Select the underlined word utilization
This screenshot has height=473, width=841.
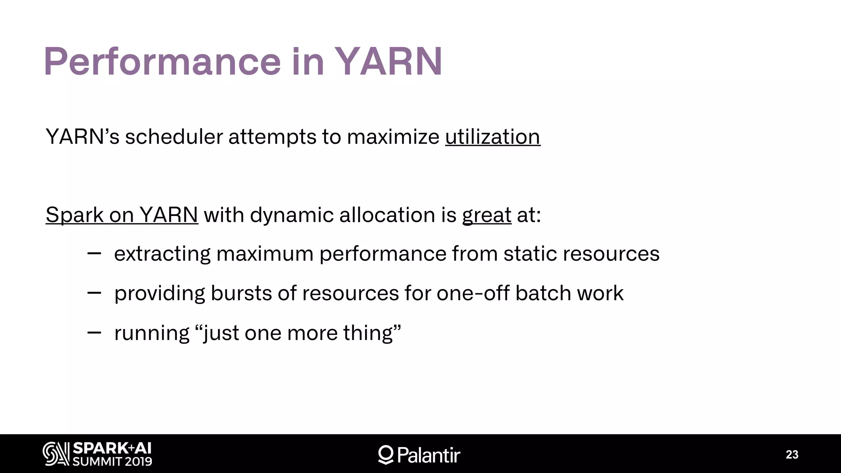(x=492, y=137)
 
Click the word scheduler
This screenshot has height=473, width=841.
(x=174, y=137)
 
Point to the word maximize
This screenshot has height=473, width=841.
(x=393, y=137)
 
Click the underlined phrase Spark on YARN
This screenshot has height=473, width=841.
(x=122, y=215)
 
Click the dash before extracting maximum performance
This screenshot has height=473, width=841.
(x=94, y=254)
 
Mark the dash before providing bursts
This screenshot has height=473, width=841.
(x=94, y=293)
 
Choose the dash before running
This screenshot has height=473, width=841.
(x=94, y=333)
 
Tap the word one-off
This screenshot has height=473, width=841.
(x=473, y=293)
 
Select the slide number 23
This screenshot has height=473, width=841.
(x=792, y=455)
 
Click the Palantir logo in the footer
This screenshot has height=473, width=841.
(x=419, y=455)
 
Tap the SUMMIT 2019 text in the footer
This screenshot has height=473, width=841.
(x=112, y=462)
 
